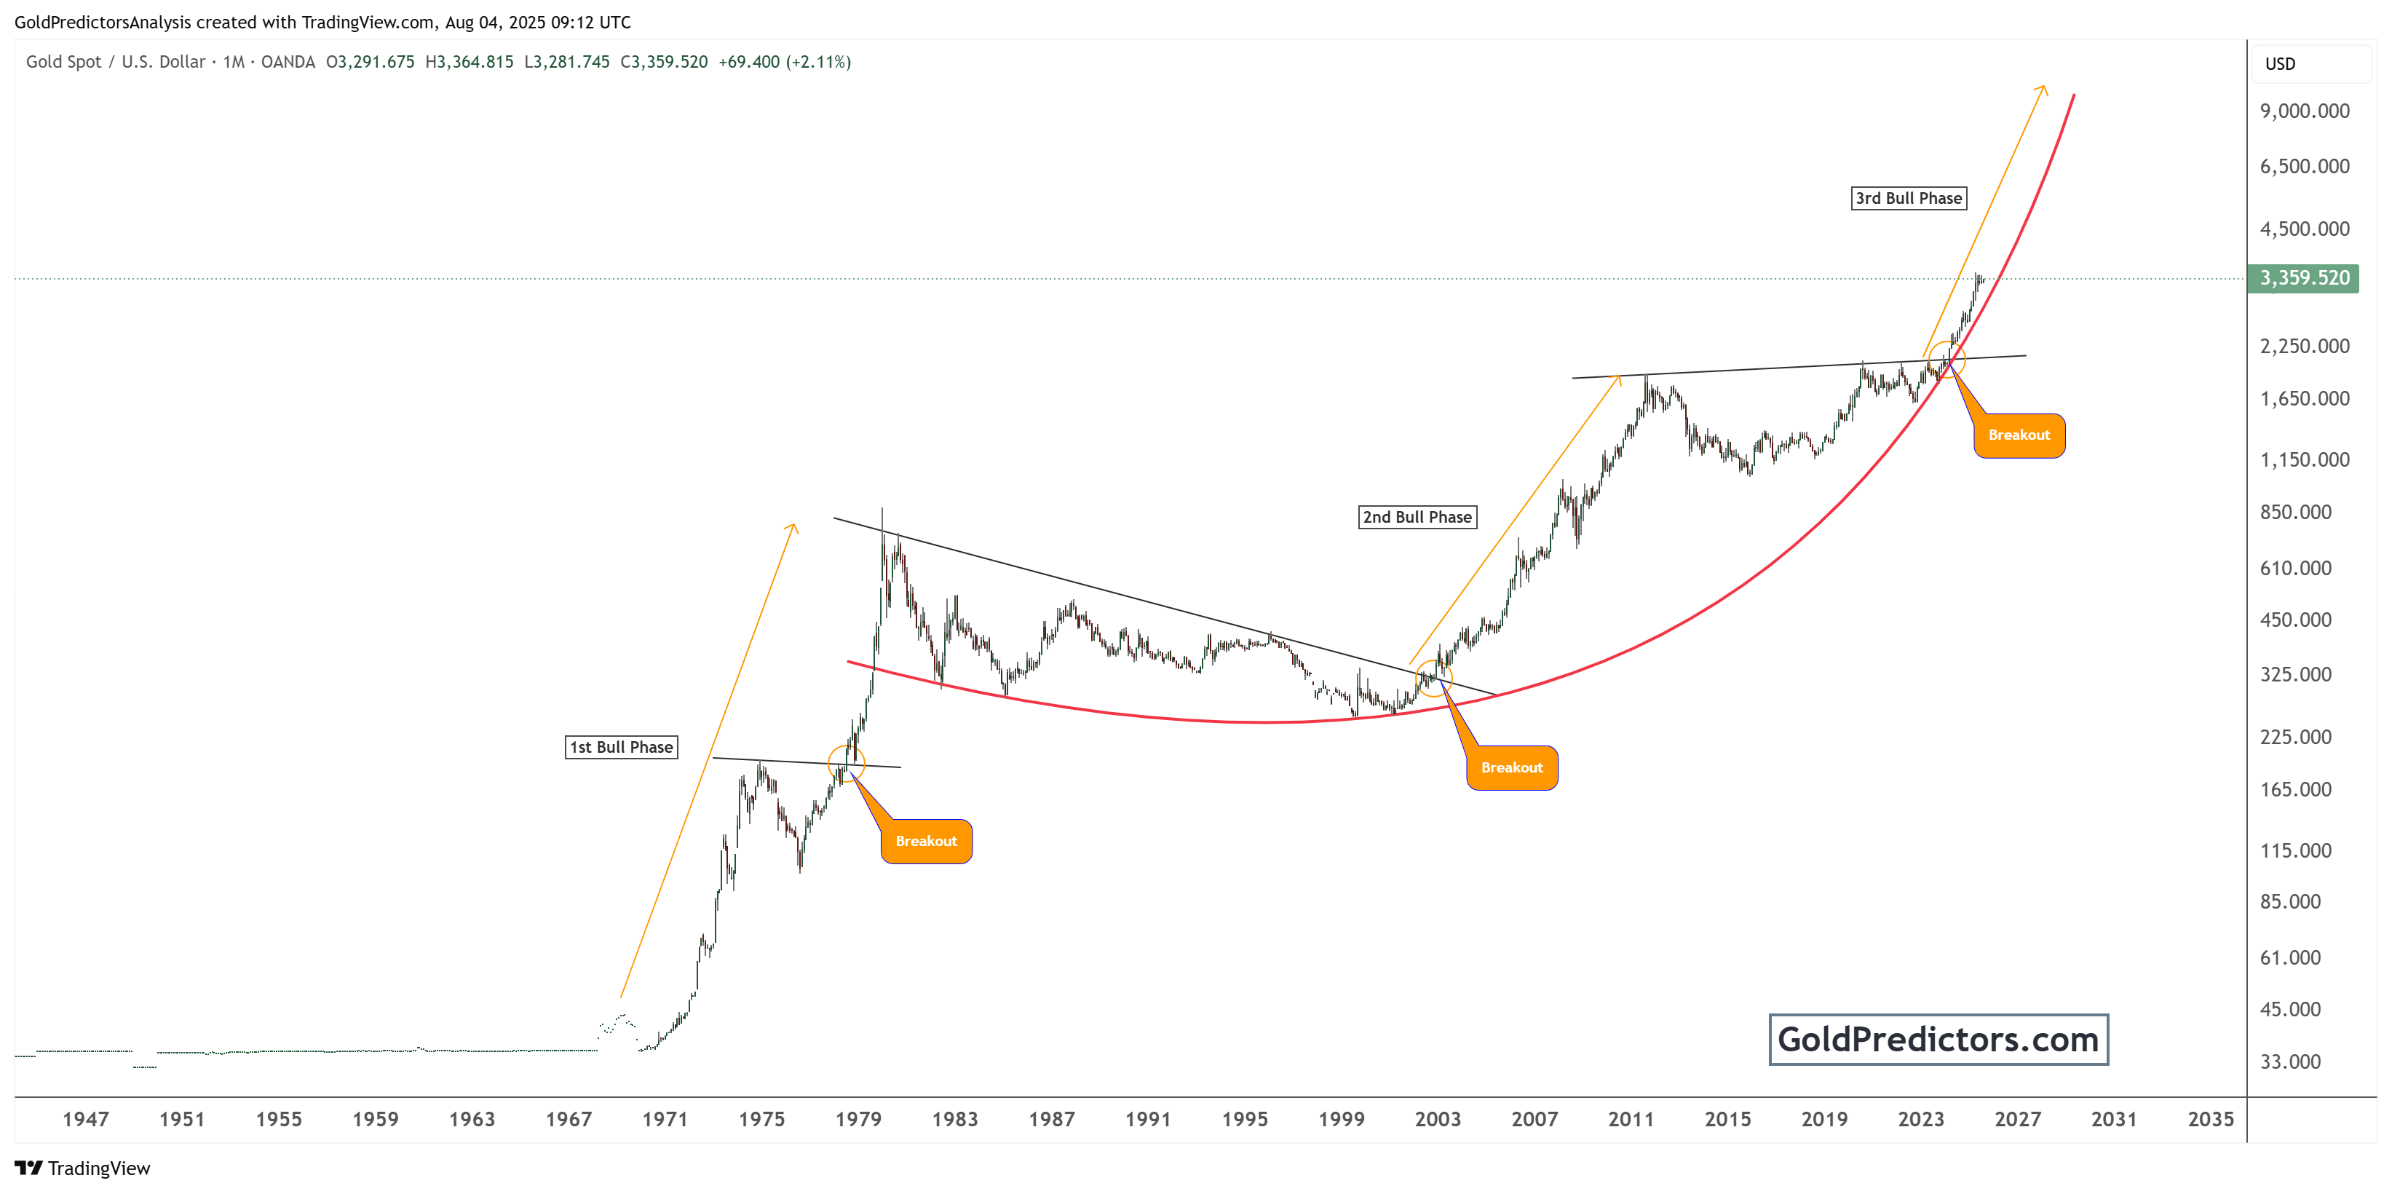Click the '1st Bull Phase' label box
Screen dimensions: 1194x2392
pos(621,748)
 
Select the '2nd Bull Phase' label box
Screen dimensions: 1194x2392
pos(1417,517)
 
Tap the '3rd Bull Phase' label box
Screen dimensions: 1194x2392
pos(1908,198)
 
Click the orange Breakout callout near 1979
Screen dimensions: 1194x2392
pos(926,841)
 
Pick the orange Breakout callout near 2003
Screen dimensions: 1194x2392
pos(1512,768)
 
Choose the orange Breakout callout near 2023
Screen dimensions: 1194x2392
pos(2019,435)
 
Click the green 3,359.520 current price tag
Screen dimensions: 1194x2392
pos(2303,279)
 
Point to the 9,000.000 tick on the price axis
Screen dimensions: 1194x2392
pos(2304,111)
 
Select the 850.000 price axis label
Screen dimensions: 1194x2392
pos(2294,513)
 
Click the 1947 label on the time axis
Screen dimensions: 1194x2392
pos(85,1119)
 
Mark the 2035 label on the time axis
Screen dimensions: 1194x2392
pos(2210,1119)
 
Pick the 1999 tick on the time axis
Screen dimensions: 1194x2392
pos(1341,1119)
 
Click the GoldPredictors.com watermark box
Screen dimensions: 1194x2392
pos(1938,1039)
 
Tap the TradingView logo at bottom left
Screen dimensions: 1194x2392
pos(83,1168)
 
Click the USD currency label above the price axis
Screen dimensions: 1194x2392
pos(2280,64)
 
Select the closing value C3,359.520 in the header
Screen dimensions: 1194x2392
pos(664,62)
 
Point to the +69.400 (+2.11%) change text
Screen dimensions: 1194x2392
pos(785,62)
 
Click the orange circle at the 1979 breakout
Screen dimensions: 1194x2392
pos(846,763)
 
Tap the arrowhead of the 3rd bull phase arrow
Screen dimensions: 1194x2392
pos(2043,88)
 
